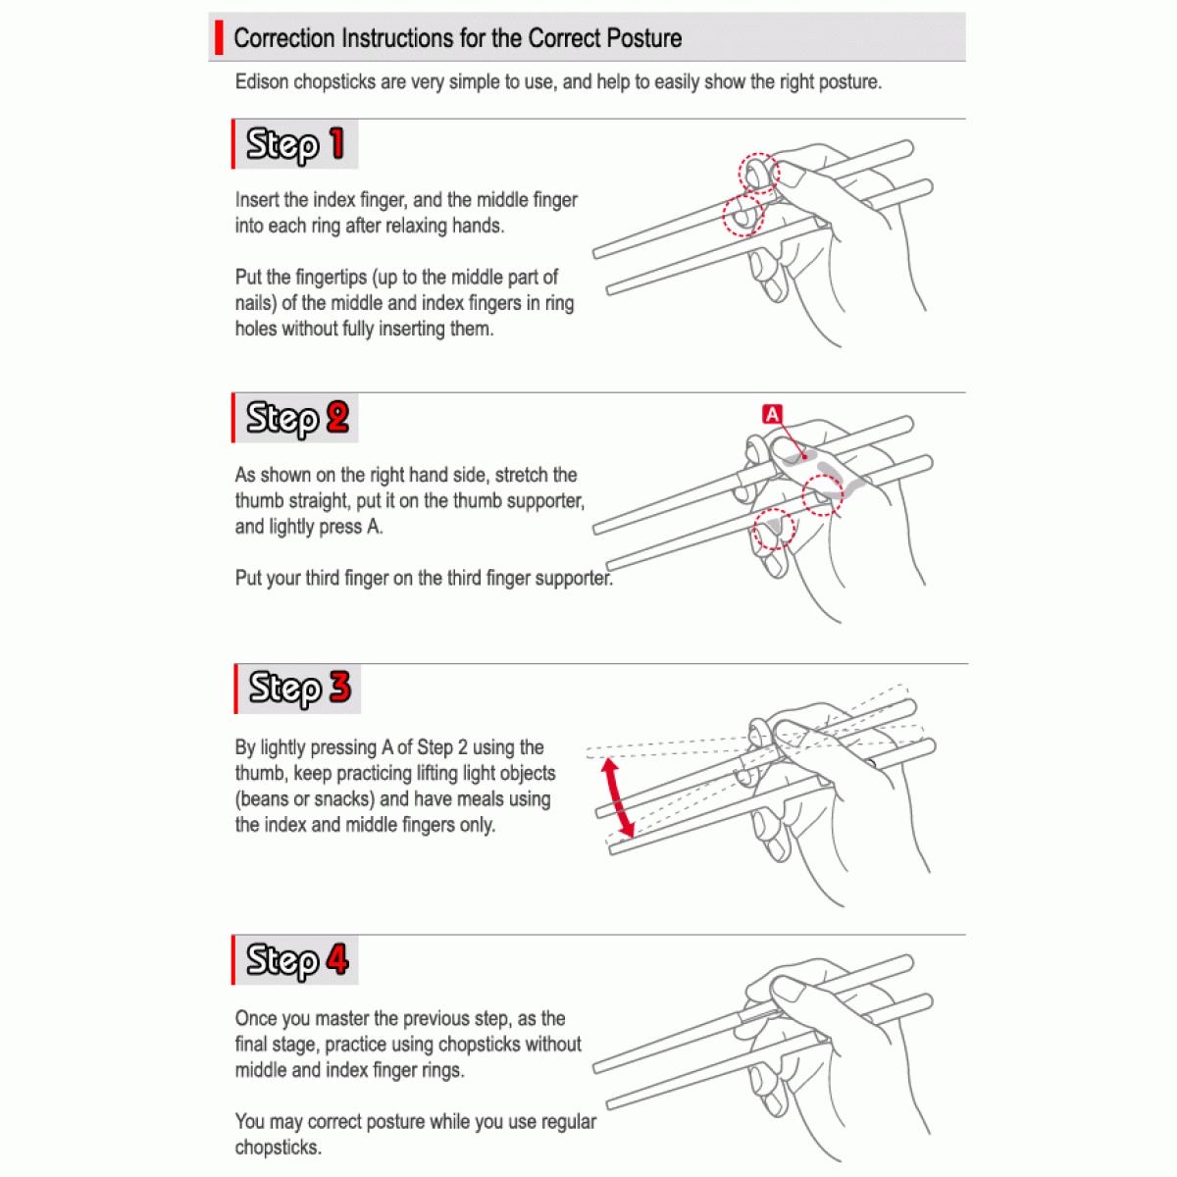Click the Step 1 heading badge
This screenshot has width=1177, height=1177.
295,144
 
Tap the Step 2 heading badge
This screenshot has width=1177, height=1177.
295,418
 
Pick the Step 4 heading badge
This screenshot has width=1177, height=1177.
295,959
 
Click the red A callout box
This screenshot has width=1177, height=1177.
773,415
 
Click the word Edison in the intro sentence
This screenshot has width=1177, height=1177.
262,82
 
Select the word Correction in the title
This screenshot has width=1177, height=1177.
284,39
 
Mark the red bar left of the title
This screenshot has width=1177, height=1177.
217,38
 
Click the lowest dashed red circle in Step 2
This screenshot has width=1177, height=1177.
773,529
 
